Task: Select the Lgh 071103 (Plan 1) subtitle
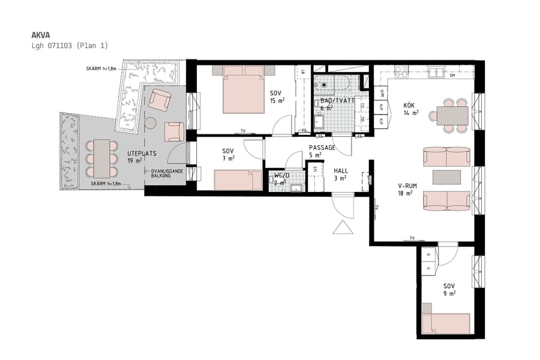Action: pos(70,46)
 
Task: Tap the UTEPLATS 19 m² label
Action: pos(142,157)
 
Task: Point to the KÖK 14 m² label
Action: pos(411,109)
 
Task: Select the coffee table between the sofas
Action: pos(447,177)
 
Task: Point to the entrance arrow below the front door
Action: pos(344,228)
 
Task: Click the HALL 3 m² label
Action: pos(340,174)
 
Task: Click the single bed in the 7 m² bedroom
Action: pos(238,179)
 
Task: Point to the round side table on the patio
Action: pos(151,123)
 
